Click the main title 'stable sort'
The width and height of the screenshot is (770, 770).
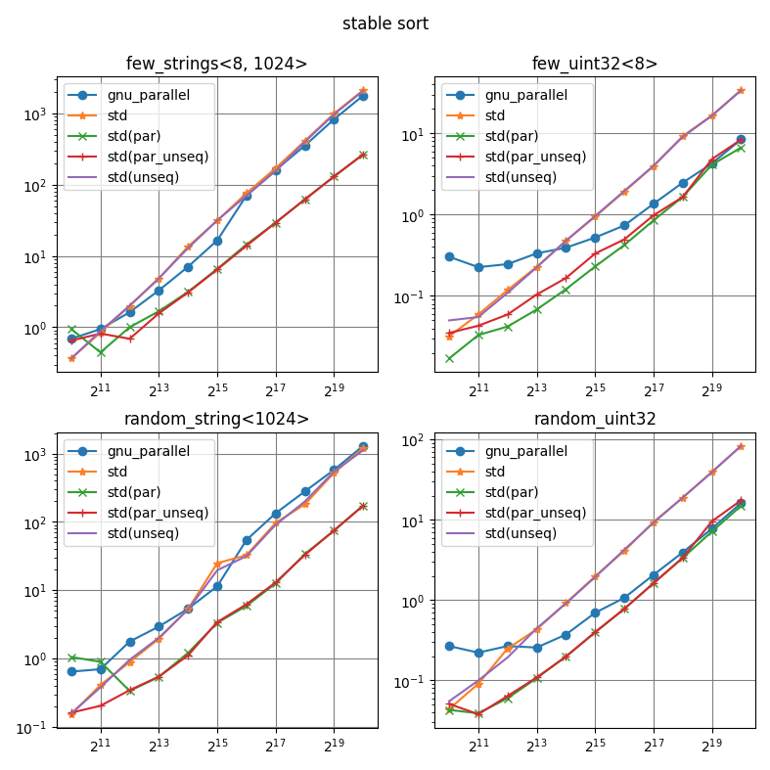[385, 23]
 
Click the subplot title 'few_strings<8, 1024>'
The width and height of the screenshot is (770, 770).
[216, 65]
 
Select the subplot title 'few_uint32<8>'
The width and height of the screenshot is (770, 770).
[594, 65]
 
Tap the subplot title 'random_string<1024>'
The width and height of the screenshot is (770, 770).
[216, 420]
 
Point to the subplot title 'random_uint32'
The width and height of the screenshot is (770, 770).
[594, 420]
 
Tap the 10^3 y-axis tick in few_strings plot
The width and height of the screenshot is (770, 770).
[36, 114]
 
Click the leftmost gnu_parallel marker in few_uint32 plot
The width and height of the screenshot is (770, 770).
[449, 256]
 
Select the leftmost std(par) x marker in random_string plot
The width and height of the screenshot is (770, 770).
[71, 657]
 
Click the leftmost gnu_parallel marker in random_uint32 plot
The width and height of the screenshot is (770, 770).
[449, 646]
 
